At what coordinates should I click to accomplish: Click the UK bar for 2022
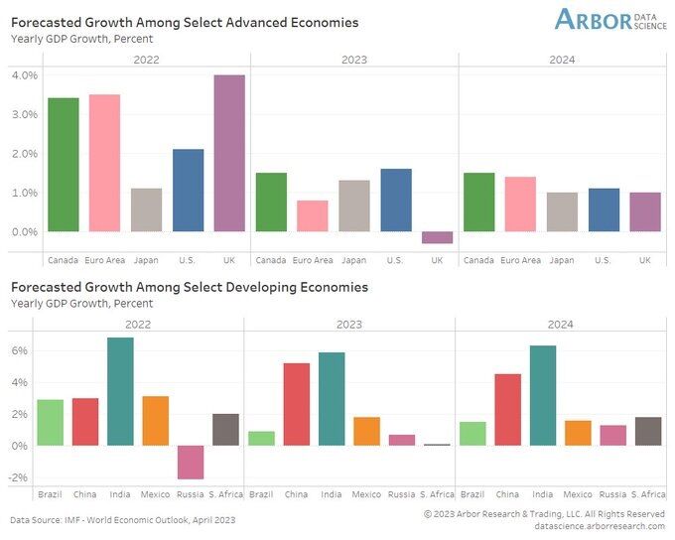229,153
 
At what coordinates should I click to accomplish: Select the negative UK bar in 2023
437,237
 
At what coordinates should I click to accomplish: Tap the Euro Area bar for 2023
313,216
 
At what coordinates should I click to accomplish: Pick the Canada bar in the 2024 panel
479,202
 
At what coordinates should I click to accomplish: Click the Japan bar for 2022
146,210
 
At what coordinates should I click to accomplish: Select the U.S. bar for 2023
395,201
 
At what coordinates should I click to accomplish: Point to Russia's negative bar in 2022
191,462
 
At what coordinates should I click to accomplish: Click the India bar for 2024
542,395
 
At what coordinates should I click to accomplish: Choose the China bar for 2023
297,404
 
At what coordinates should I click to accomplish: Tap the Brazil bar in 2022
51,423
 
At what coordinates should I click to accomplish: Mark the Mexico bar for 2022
156,421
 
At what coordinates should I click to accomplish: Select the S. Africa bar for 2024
647,431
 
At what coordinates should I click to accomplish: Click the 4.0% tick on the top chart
24,75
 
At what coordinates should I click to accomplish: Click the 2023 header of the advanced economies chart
353,60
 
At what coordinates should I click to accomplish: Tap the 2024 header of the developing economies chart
562,324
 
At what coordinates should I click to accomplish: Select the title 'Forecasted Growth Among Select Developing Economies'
189,287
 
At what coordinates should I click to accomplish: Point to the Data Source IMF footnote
123,519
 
